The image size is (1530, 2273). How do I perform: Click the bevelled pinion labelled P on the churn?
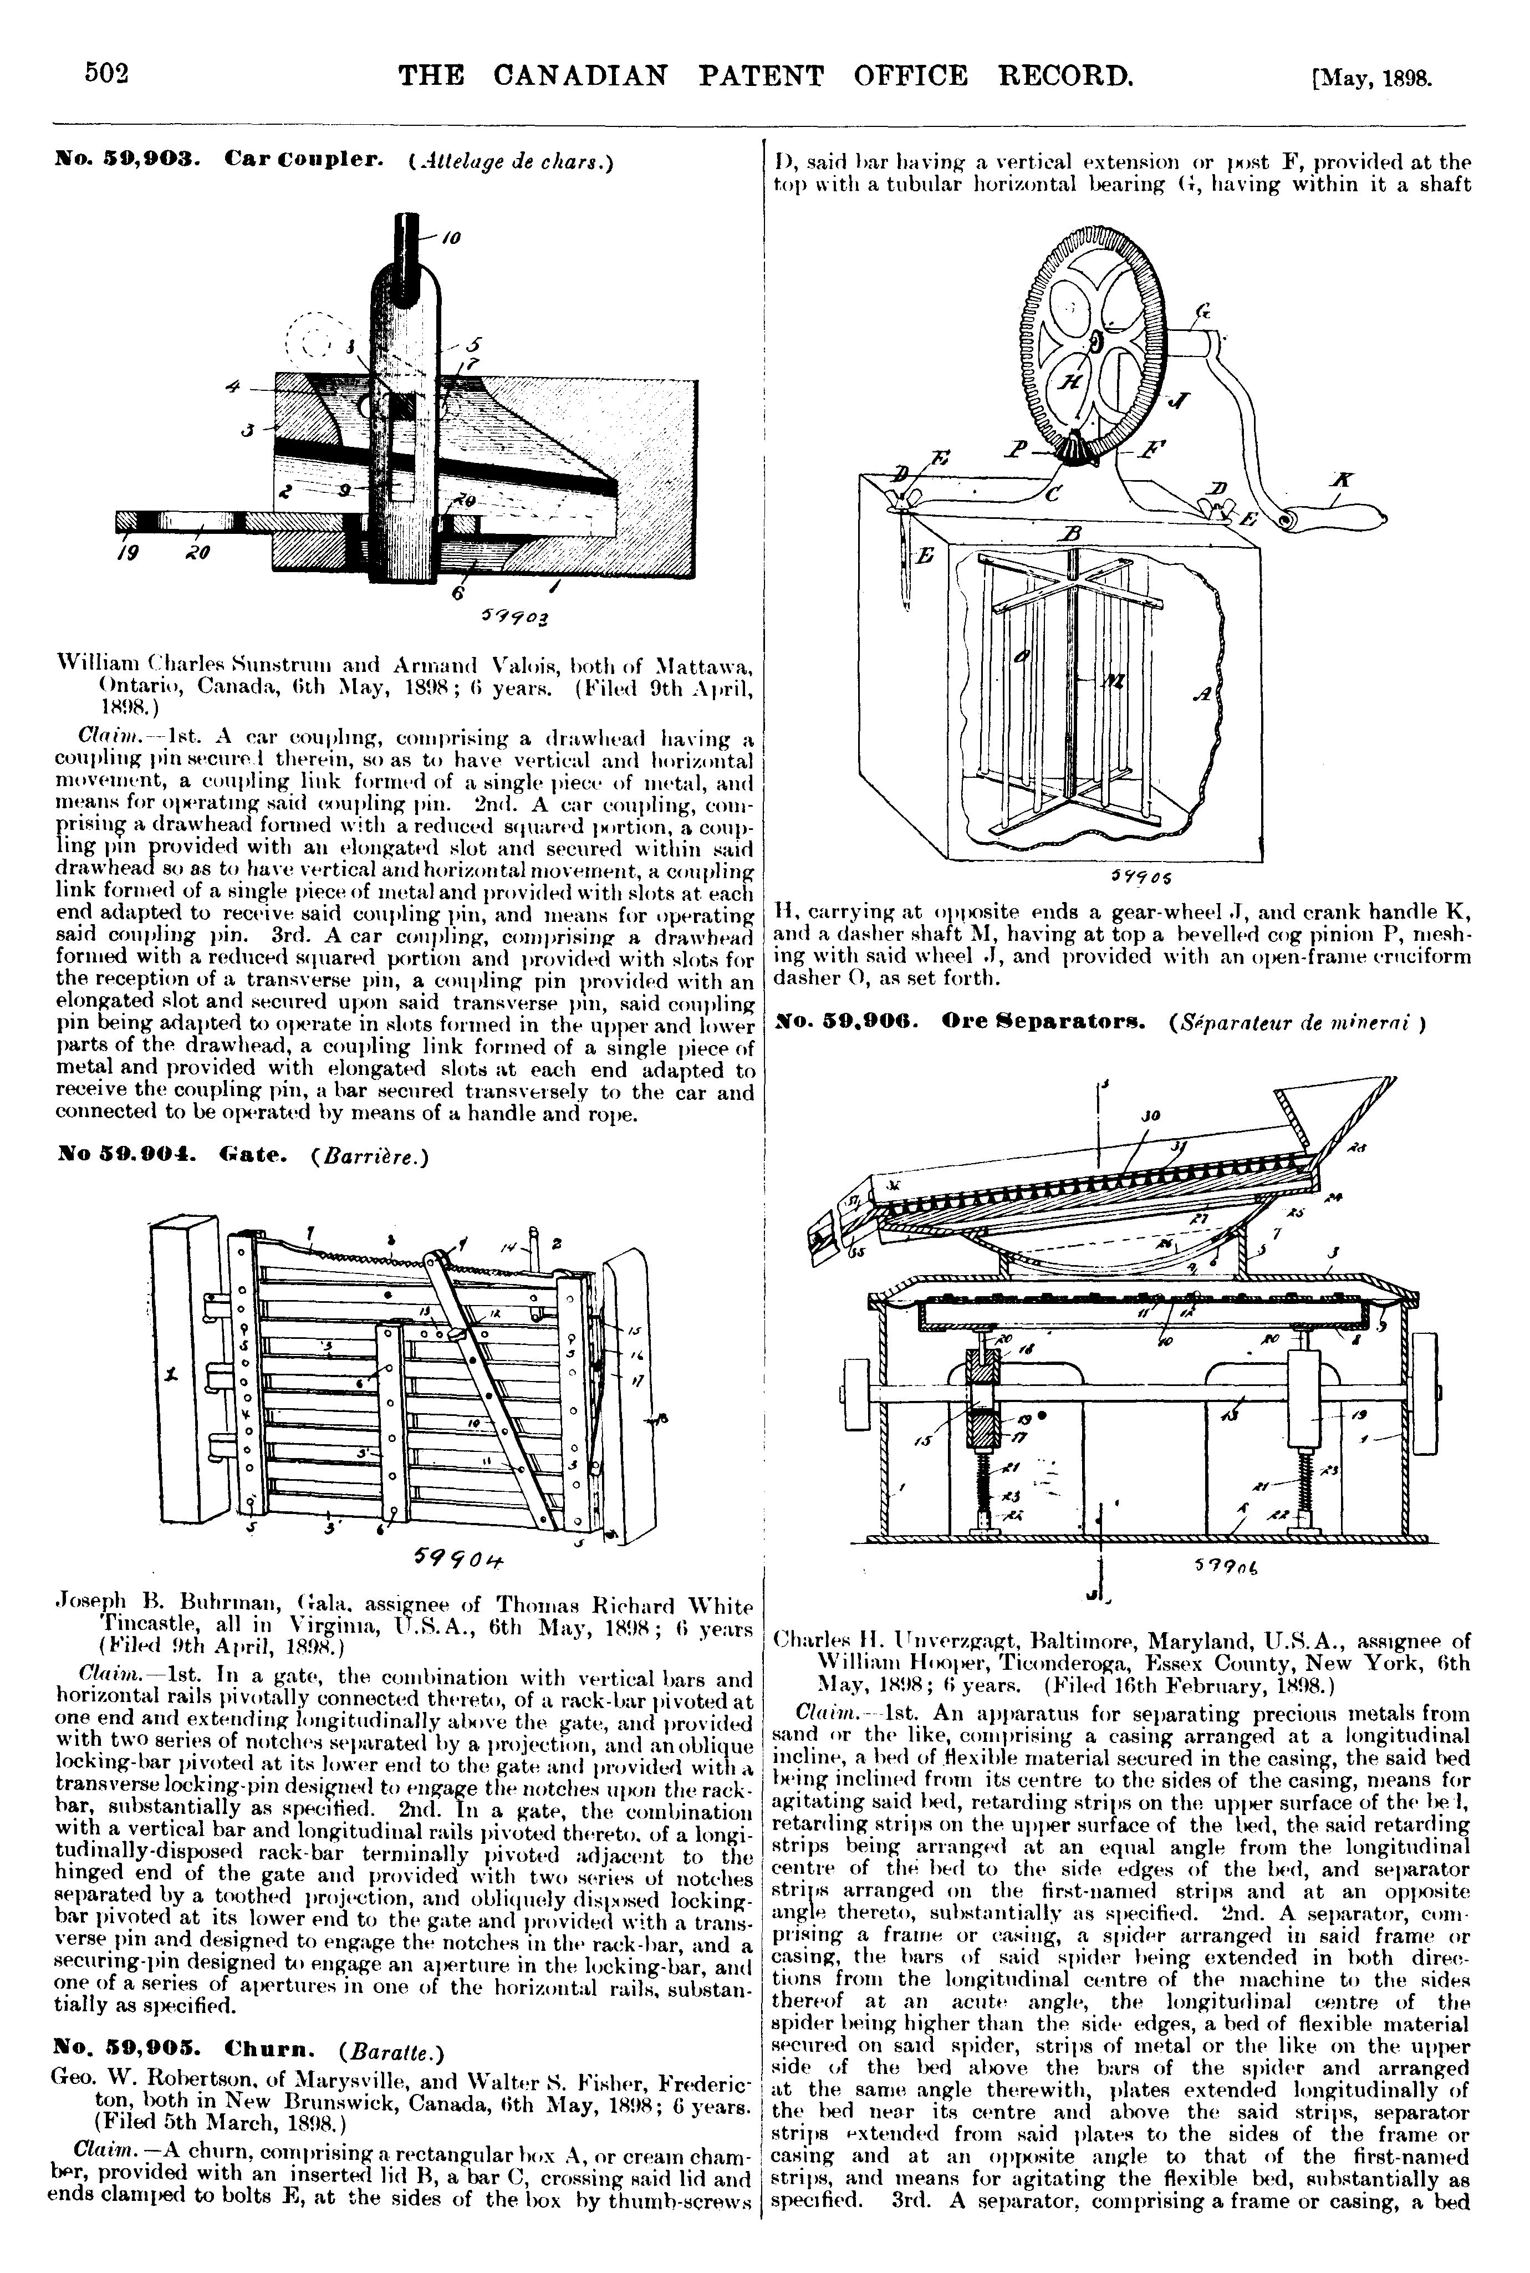[x=1072, y=448]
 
